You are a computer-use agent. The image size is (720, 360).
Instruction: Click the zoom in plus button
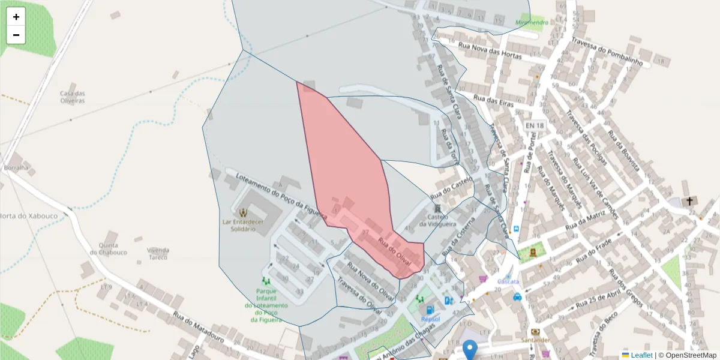point(16,17)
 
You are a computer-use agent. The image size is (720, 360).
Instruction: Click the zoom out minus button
point(16,35)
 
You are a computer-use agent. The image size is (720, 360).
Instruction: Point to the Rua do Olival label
point(394,250)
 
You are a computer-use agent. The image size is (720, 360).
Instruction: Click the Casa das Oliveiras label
point(73,97)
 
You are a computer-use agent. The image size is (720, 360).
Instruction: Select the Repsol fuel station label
point(430,319)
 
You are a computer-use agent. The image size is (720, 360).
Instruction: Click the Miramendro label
point(532,23)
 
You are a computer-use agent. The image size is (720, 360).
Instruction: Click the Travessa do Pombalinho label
point(607,52)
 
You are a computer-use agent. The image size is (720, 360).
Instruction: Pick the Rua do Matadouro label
point(199,327)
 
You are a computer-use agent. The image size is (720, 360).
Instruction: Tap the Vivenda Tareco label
point(158,254)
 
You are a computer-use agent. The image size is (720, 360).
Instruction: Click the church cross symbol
point(689,201)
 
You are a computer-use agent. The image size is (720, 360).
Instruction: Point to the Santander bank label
point(536,340)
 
